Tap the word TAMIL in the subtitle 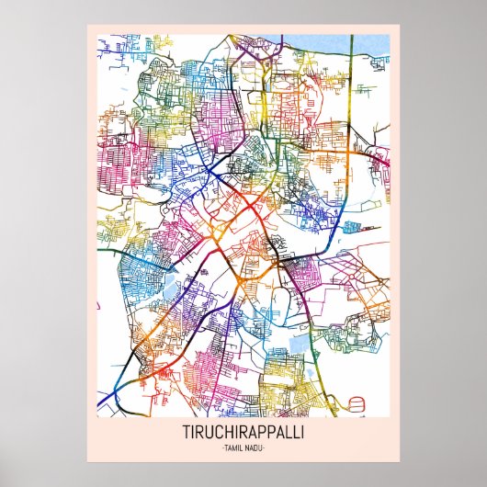233,447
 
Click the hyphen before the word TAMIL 223,447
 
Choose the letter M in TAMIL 235,447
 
